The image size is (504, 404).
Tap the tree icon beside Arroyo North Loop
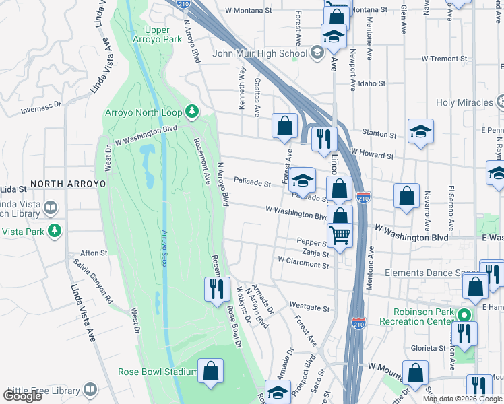[x=192, y=110]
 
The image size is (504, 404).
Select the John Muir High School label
[x=259, y=53]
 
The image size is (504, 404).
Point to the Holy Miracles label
[x=465, y=102]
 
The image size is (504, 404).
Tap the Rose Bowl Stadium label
[x=156, y=372]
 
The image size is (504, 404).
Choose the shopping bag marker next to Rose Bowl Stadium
[x=211, y=372]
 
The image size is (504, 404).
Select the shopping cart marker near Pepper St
[x=340, y=235]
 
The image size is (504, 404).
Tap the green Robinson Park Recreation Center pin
[x=464, y=314]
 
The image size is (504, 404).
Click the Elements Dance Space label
[x=431, y=273]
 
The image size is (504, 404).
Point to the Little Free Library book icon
[x=90, y=391]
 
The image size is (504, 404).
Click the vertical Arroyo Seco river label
[x=164, y=248]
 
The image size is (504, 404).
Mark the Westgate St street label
[x=312, y=309]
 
